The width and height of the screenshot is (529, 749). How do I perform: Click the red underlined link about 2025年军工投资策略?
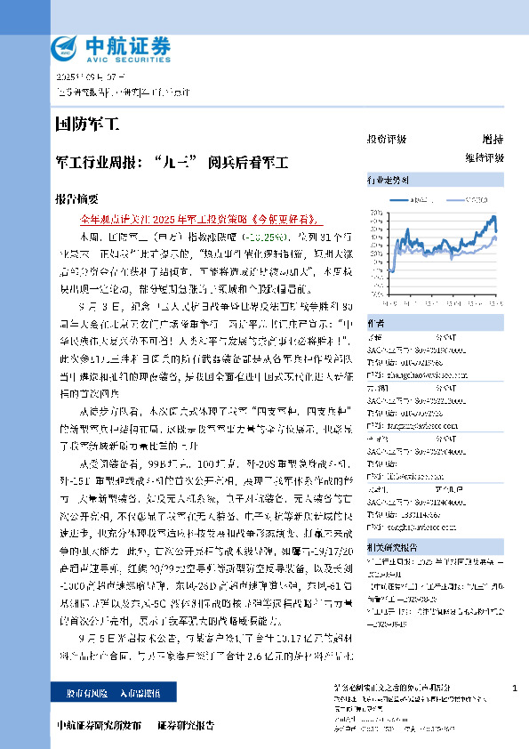(198, 218)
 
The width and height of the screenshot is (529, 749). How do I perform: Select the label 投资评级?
(387, 140)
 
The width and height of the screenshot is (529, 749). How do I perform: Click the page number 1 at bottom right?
(515, 689)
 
